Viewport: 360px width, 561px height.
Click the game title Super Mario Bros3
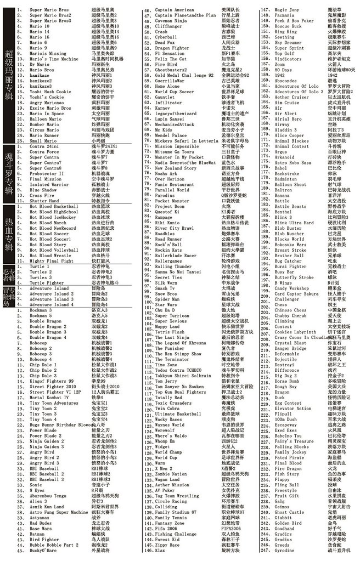[x=50, y=20]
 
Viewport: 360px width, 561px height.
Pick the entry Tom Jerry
[x=166, y=381]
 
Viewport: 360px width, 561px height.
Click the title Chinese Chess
[x=291, y=310]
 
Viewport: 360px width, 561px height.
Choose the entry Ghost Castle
[x=289, y=511]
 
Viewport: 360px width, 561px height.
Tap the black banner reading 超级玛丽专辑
[x=9, y=69]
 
